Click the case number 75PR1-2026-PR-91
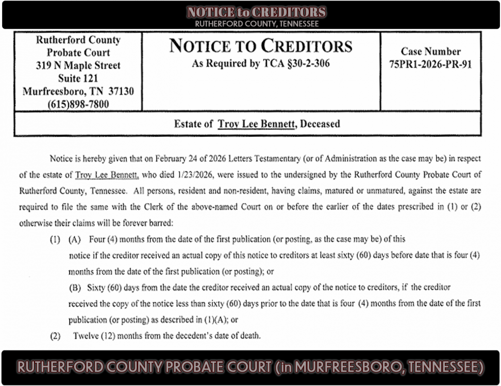[x=430, y=65]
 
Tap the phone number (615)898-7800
[x=78, y=104]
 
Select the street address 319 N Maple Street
[x=78, y=65]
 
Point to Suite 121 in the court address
[x=78, y=78]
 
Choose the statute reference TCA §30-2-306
[x=288, y=64]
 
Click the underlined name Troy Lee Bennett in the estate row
[x=256, y=124]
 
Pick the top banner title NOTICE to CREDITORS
[x=256, y=12]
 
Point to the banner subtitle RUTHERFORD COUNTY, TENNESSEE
[x=256, y=24]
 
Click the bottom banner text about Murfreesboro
[x=250, y=367]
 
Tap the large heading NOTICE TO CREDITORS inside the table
[x=261, y=46]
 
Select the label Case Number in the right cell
[x=430, y=51]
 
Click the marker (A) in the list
[x=75, y=240]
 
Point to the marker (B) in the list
[x=75, y=287]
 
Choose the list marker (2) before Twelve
[x=55, y=336]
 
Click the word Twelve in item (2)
[x=85, y=336]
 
